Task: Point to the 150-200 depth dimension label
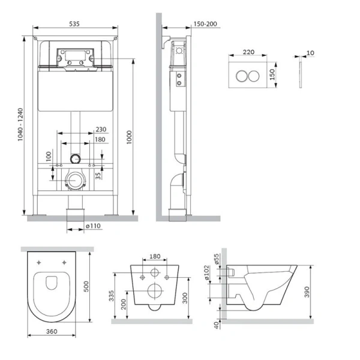[205, 23]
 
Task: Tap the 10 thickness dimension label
[310, 53]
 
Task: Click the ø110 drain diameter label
[92, 226]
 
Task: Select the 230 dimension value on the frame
[100, 129]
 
